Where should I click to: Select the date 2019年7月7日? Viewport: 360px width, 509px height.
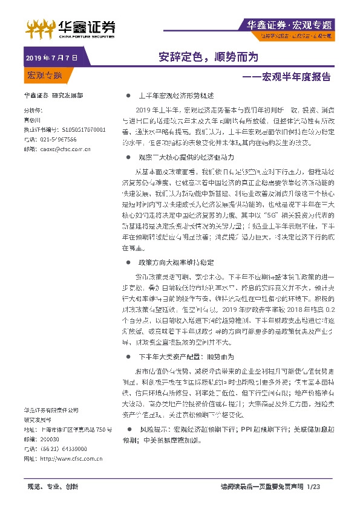point(52,58)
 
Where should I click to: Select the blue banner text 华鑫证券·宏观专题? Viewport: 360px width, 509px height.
point(290,25)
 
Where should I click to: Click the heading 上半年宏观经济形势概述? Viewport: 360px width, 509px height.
point(177,96)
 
